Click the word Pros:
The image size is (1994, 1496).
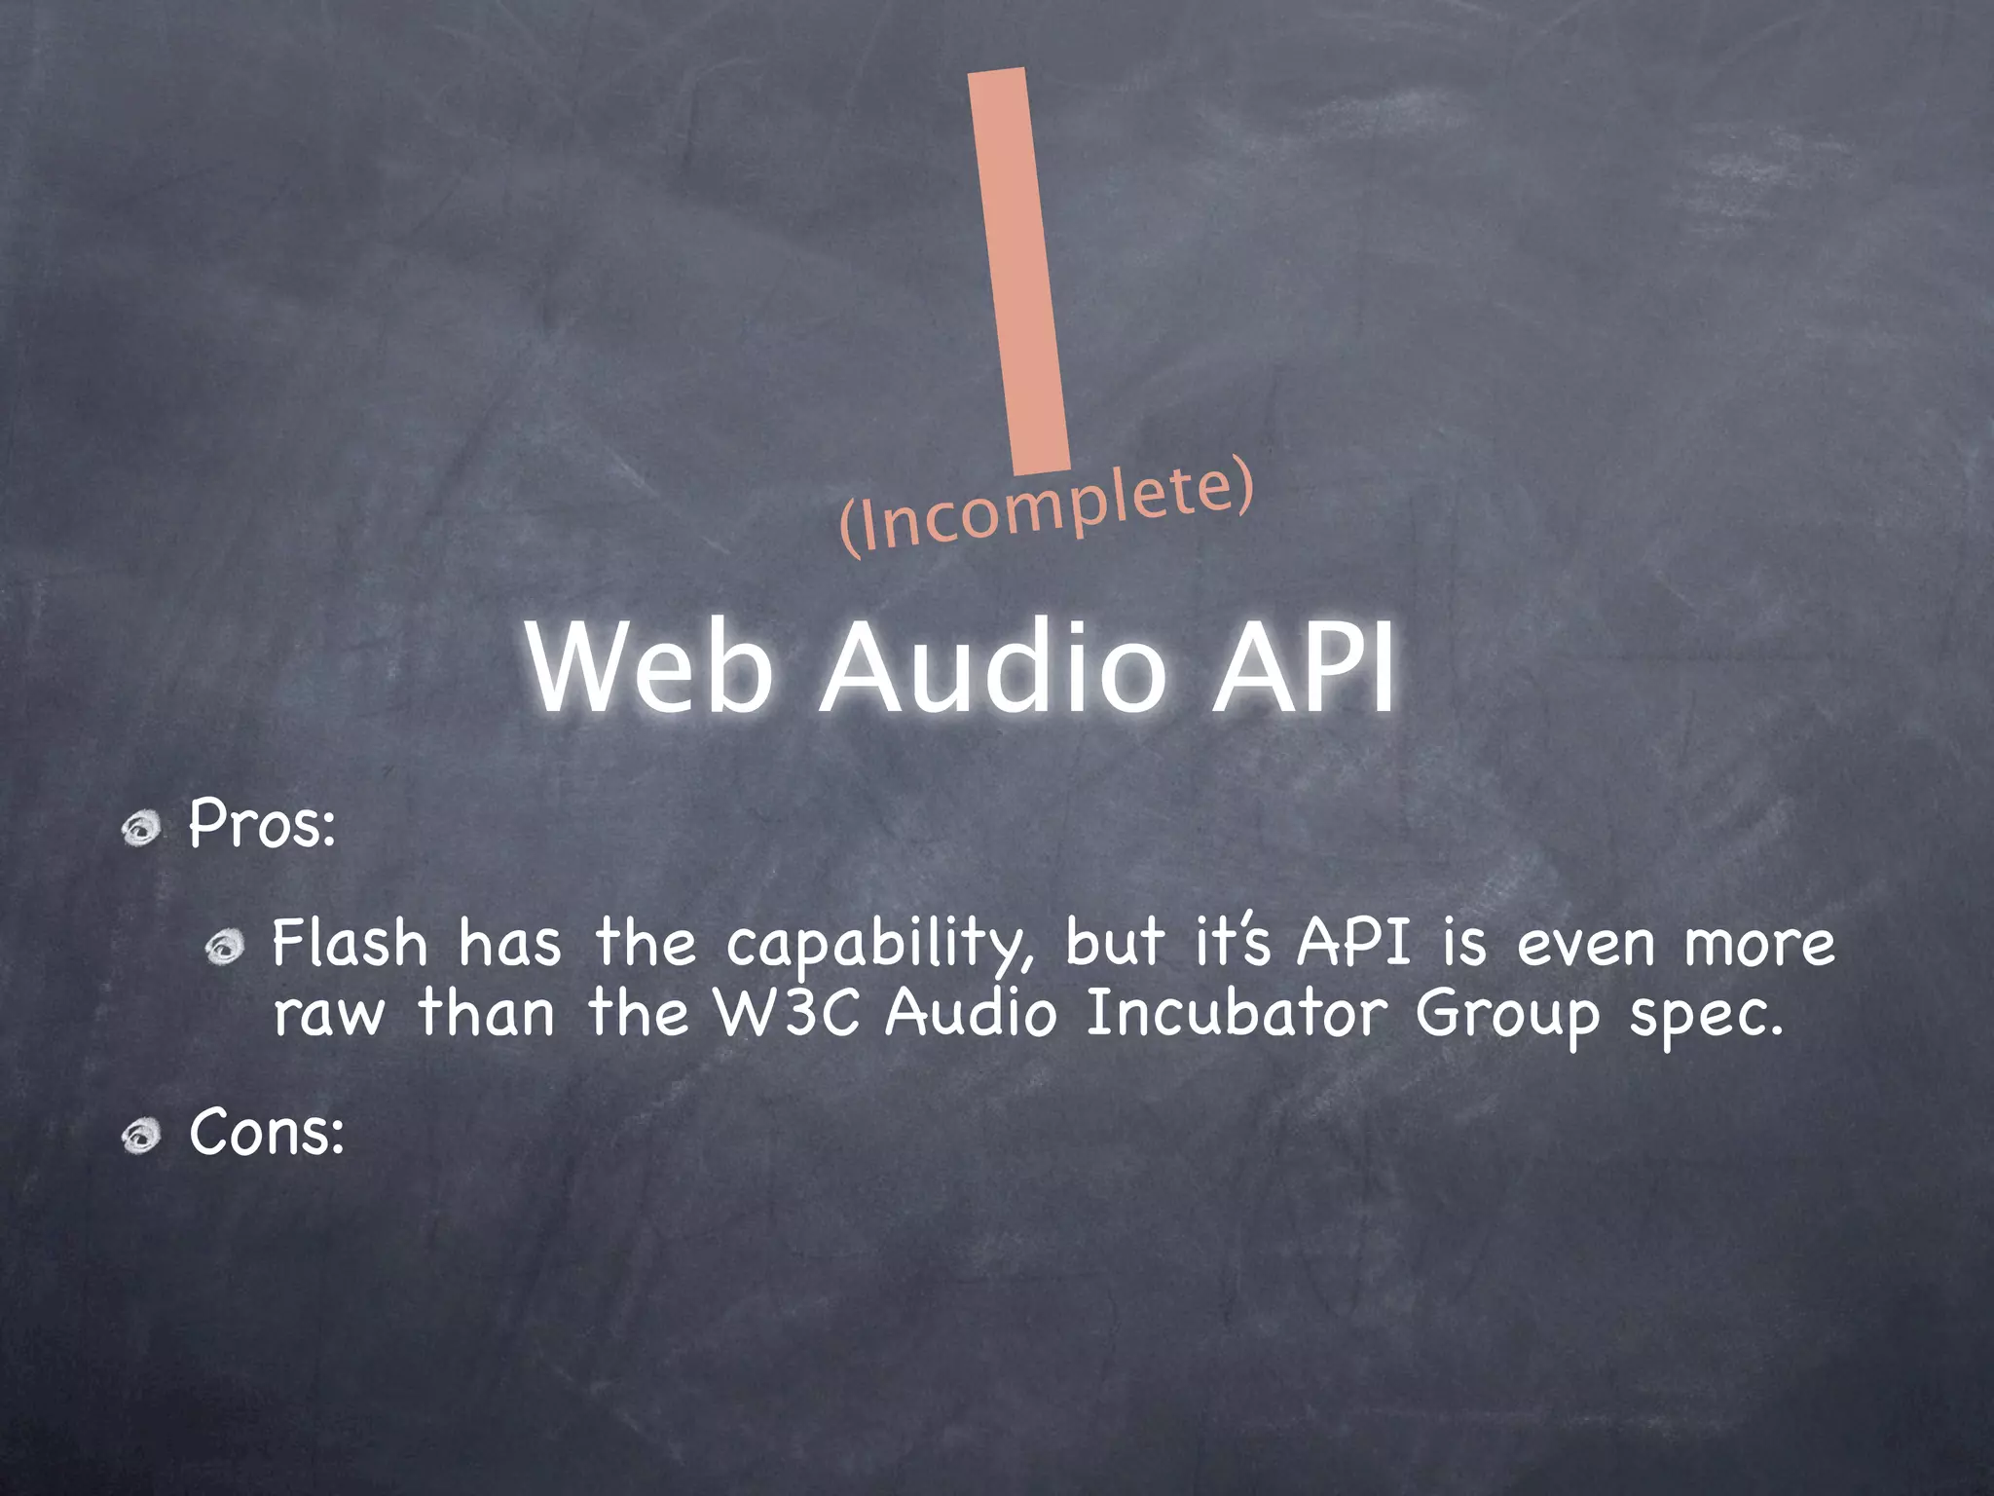262,824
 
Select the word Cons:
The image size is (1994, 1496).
267,1134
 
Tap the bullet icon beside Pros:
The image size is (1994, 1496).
142,829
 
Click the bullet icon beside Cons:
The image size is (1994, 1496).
142,1137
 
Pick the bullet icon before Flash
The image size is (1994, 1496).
225,947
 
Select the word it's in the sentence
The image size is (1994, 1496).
1233,943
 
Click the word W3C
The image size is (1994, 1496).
788,1015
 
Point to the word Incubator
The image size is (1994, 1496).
1236,1015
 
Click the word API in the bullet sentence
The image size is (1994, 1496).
1353,943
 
